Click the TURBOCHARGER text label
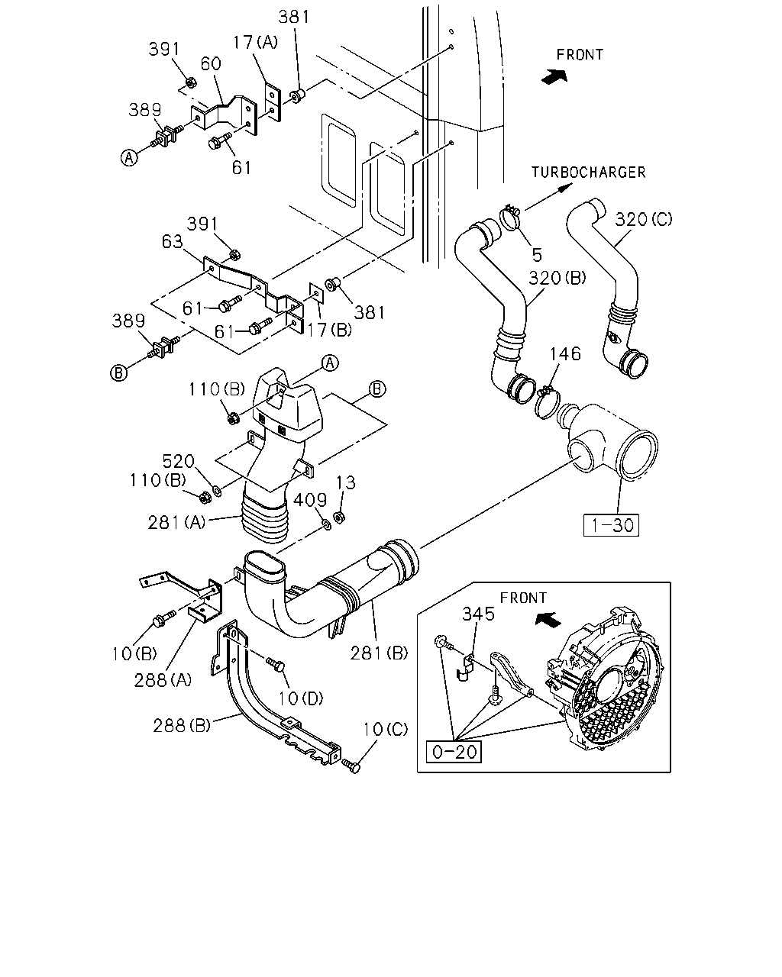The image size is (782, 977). coord(589,173)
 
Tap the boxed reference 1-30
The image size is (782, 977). coord(611,525)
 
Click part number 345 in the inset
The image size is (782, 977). coord(478,614)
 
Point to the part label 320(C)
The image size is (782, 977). coord(644,219)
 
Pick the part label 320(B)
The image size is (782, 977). coord(557,277)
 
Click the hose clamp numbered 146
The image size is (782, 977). coord(547,402)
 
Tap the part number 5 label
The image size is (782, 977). coord(537,255)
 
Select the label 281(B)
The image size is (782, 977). coord(379,653)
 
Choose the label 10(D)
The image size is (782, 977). coord(300,698)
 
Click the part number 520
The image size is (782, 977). coord(178,461)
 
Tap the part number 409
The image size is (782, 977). coord(310,500)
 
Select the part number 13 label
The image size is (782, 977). coord(345,482)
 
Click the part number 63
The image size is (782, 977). coord(173,241)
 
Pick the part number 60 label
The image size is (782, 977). coord(211,63)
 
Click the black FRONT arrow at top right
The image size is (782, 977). coord(554,76)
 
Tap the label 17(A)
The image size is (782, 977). coord(255,42)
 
